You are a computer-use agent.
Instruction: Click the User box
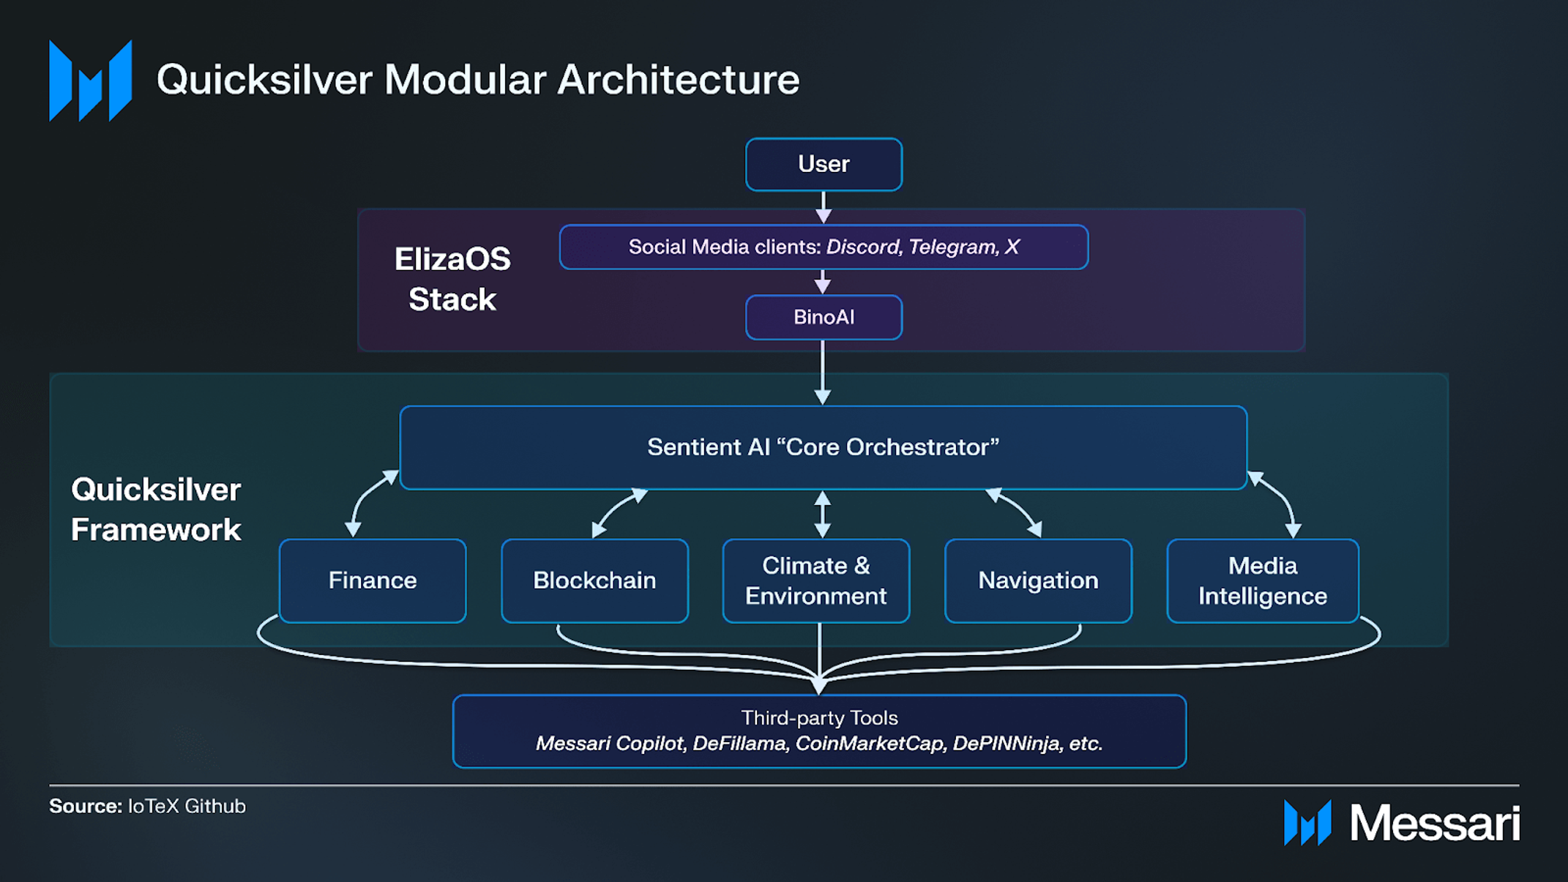[824, 164]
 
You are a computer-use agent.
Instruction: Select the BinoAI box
[824, 317]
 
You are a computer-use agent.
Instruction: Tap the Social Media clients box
[824, 247]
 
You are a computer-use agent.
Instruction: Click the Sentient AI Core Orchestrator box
[824, 447]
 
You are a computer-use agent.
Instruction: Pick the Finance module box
[373, 580]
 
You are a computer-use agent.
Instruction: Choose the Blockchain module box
[594, 580]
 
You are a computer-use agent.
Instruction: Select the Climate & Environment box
[816, 580]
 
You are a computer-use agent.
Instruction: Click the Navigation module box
[1038, 580]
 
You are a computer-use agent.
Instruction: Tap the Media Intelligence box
[1263, 580]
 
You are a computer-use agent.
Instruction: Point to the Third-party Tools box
[819, 731]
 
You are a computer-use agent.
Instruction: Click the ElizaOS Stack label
[452, 279]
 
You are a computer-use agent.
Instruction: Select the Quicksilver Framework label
[156, 509]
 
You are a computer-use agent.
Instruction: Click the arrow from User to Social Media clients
[824, 207]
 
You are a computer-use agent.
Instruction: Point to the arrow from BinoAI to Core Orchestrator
[823, 372]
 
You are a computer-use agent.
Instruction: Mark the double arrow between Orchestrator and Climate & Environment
[823, 514]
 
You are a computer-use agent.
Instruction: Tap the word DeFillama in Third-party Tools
[739, 744]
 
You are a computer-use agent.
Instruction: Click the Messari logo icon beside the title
[91, 81]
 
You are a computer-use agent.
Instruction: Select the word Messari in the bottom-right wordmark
[1435, 823]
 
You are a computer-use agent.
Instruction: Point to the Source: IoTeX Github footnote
[147, 806]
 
